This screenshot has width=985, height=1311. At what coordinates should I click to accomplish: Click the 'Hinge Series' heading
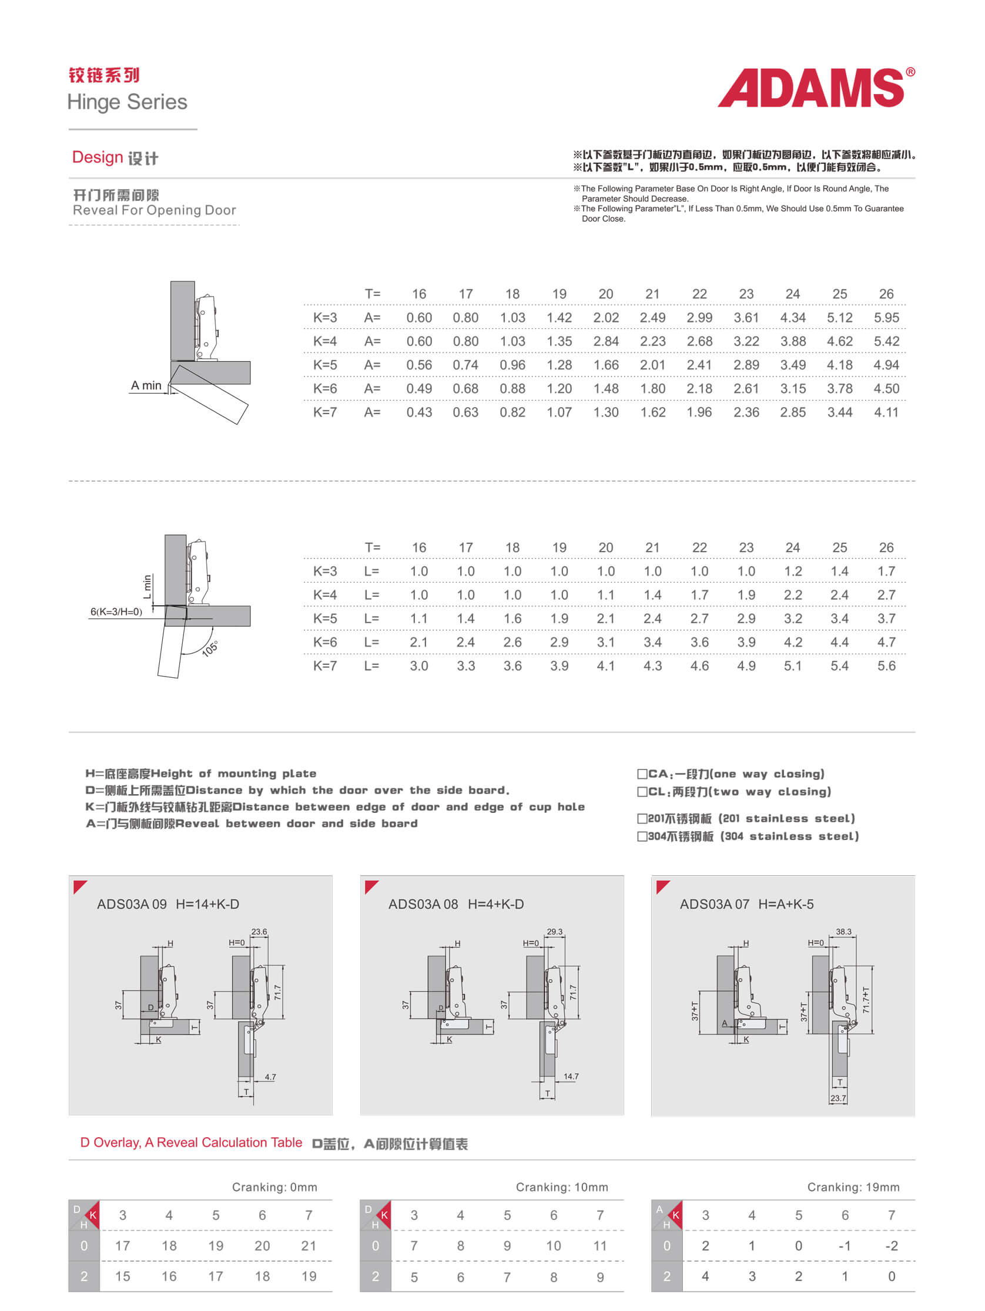[128, 102]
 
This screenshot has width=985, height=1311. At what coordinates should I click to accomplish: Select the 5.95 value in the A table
[886, 318]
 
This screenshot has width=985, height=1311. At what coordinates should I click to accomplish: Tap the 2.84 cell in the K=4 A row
[605, 341]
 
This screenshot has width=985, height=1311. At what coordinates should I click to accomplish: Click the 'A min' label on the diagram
[146, 386]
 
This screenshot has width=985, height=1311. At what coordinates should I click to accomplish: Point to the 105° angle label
[210, 648]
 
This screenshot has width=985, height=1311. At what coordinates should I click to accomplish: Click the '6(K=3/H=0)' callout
[116, 611]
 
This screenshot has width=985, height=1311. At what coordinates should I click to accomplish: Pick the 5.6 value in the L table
[886, 665]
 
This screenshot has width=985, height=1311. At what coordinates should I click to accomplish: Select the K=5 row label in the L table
[325, 618]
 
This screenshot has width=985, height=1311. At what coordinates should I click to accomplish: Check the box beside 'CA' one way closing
[642, 774]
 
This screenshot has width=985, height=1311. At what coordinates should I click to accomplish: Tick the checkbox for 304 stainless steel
[642, 836]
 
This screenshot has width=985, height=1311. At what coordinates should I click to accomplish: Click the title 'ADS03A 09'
[132, 904]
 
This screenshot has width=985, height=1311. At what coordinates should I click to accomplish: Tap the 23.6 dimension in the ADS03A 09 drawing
[259, 931]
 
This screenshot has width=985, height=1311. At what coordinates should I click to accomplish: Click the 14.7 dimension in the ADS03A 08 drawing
[571, 1076]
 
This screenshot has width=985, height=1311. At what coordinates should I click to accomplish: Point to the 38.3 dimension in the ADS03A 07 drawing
[843, 931]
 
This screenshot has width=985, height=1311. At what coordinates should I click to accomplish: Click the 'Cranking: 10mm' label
[562, 1187]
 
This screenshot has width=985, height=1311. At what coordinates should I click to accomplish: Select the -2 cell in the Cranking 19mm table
[891, 1246]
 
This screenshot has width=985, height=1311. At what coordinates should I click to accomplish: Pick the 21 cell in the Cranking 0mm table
[309, 1246]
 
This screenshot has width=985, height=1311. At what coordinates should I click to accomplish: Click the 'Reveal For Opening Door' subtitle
[154, 210]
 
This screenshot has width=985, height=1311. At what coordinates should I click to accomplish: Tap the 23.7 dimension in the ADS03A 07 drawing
[837, 1098]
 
